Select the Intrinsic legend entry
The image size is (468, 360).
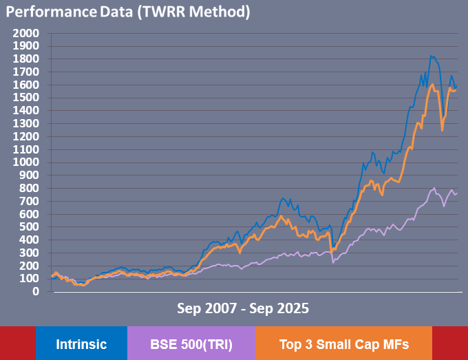[x=81, y=343]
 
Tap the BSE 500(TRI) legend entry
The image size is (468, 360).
[x=191, y=343]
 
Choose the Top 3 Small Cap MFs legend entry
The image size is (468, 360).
[x=343, y=343]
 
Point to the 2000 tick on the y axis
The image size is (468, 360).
[x=27, y=33]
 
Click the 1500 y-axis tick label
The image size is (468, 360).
[x=27, y=98]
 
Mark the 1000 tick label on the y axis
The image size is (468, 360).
[x=27, y=162]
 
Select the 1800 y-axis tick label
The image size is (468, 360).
[x=27, y=59]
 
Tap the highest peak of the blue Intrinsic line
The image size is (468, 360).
[x=431, y=56]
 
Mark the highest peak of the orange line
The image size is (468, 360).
[x=432, y=85]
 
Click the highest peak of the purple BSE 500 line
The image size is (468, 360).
[x=434, y=187]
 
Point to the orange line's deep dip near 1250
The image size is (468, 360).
[x=442, y=130]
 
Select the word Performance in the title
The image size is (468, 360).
[x=45, y=12]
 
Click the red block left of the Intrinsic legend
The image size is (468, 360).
[x=17, y=343]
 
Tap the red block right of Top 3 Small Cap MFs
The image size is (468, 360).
[x=449, y=343]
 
